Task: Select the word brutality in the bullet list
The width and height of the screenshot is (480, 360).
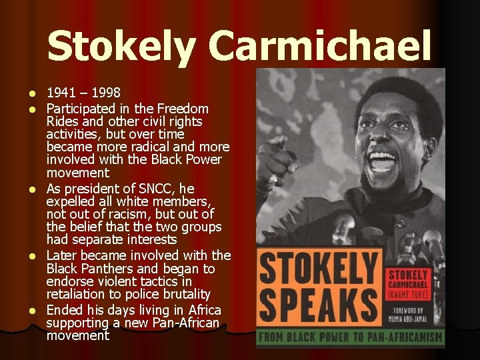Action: (184, 294)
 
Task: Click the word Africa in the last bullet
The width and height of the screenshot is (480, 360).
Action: (201, 310)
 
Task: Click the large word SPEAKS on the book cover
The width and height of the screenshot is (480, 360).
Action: (317, 303)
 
